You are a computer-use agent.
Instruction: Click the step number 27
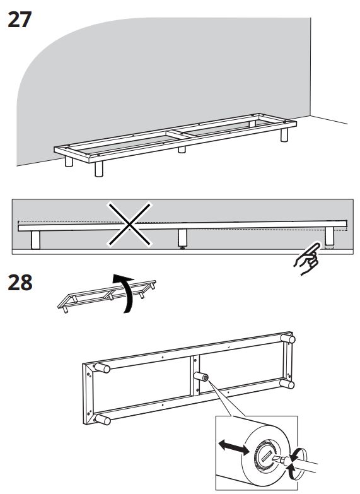pos(20,20)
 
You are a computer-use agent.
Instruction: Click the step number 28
pos(20,282)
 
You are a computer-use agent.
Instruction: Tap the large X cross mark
pos(129,225)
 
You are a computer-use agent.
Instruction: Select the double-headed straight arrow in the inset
pos(233,447)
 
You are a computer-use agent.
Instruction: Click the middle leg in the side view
pos(182,238)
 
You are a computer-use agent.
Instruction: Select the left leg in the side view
pos(35,240)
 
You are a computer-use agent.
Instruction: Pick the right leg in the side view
pos(330,236)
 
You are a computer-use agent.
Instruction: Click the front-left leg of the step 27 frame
pos(99,169)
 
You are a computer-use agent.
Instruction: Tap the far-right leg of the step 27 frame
pos(284,134)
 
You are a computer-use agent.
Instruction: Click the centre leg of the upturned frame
pos(201,376)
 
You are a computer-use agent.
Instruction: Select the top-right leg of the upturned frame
pos(288,339)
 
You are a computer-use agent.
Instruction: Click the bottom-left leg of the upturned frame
pos(103,420)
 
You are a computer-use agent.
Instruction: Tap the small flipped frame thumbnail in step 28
pos(107,295)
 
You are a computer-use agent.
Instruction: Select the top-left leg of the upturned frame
pos(102,368)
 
